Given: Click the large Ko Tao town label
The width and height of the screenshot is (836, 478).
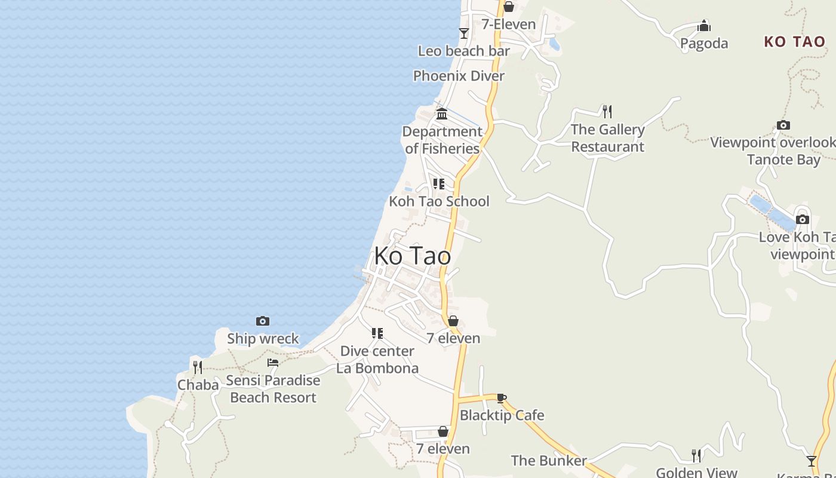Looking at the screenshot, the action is [412, 256].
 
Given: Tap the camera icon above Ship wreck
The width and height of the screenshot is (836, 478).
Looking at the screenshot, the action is [262, 321].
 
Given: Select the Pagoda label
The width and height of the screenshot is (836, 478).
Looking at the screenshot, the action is [704, 43].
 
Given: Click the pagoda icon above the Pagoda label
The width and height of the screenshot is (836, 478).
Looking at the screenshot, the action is [704, 26].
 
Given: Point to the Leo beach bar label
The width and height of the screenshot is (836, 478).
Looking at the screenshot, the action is [463, 51].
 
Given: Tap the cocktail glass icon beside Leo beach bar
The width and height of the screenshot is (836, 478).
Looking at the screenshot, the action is [463, 33].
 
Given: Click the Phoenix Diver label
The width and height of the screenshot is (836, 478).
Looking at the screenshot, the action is [459, 76].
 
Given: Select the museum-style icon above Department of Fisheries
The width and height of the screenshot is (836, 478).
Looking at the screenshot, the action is [442, 114].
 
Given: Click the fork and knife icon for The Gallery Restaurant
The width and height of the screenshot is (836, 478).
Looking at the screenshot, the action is [607, 112].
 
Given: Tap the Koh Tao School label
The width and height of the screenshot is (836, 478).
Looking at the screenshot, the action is [439, 201].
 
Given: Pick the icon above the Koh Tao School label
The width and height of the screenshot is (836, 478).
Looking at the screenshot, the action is [439, 184].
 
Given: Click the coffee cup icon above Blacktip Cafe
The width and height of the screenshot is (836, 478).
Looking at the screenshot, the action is [502, 398].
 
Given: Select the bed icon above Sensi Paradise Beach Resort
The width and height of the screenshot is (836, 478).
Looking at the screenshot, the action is [273, 363].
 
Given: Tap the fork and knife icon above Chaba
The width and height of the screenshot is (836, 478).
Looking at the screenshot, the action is [198, 367].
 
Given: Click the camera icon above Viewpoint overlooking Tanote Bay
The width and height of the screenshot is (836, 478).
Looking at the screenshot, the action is [783, 125].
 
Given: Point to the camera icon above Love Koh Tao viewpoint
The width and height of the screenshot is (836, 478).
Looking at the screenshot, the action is [803, 219].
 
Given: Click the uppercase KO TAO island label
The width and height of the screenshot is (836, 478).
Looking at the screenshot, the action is [794, 42].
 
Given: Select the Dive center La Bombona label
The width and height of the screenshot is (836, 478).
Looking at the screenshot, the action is [377, 360].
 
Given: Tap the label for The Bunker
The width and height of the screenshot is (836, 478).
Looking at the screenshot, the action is [549, 461].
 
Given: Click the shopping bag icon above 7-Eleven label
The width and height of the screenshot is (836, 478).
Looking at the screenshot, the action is [509, 7].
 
